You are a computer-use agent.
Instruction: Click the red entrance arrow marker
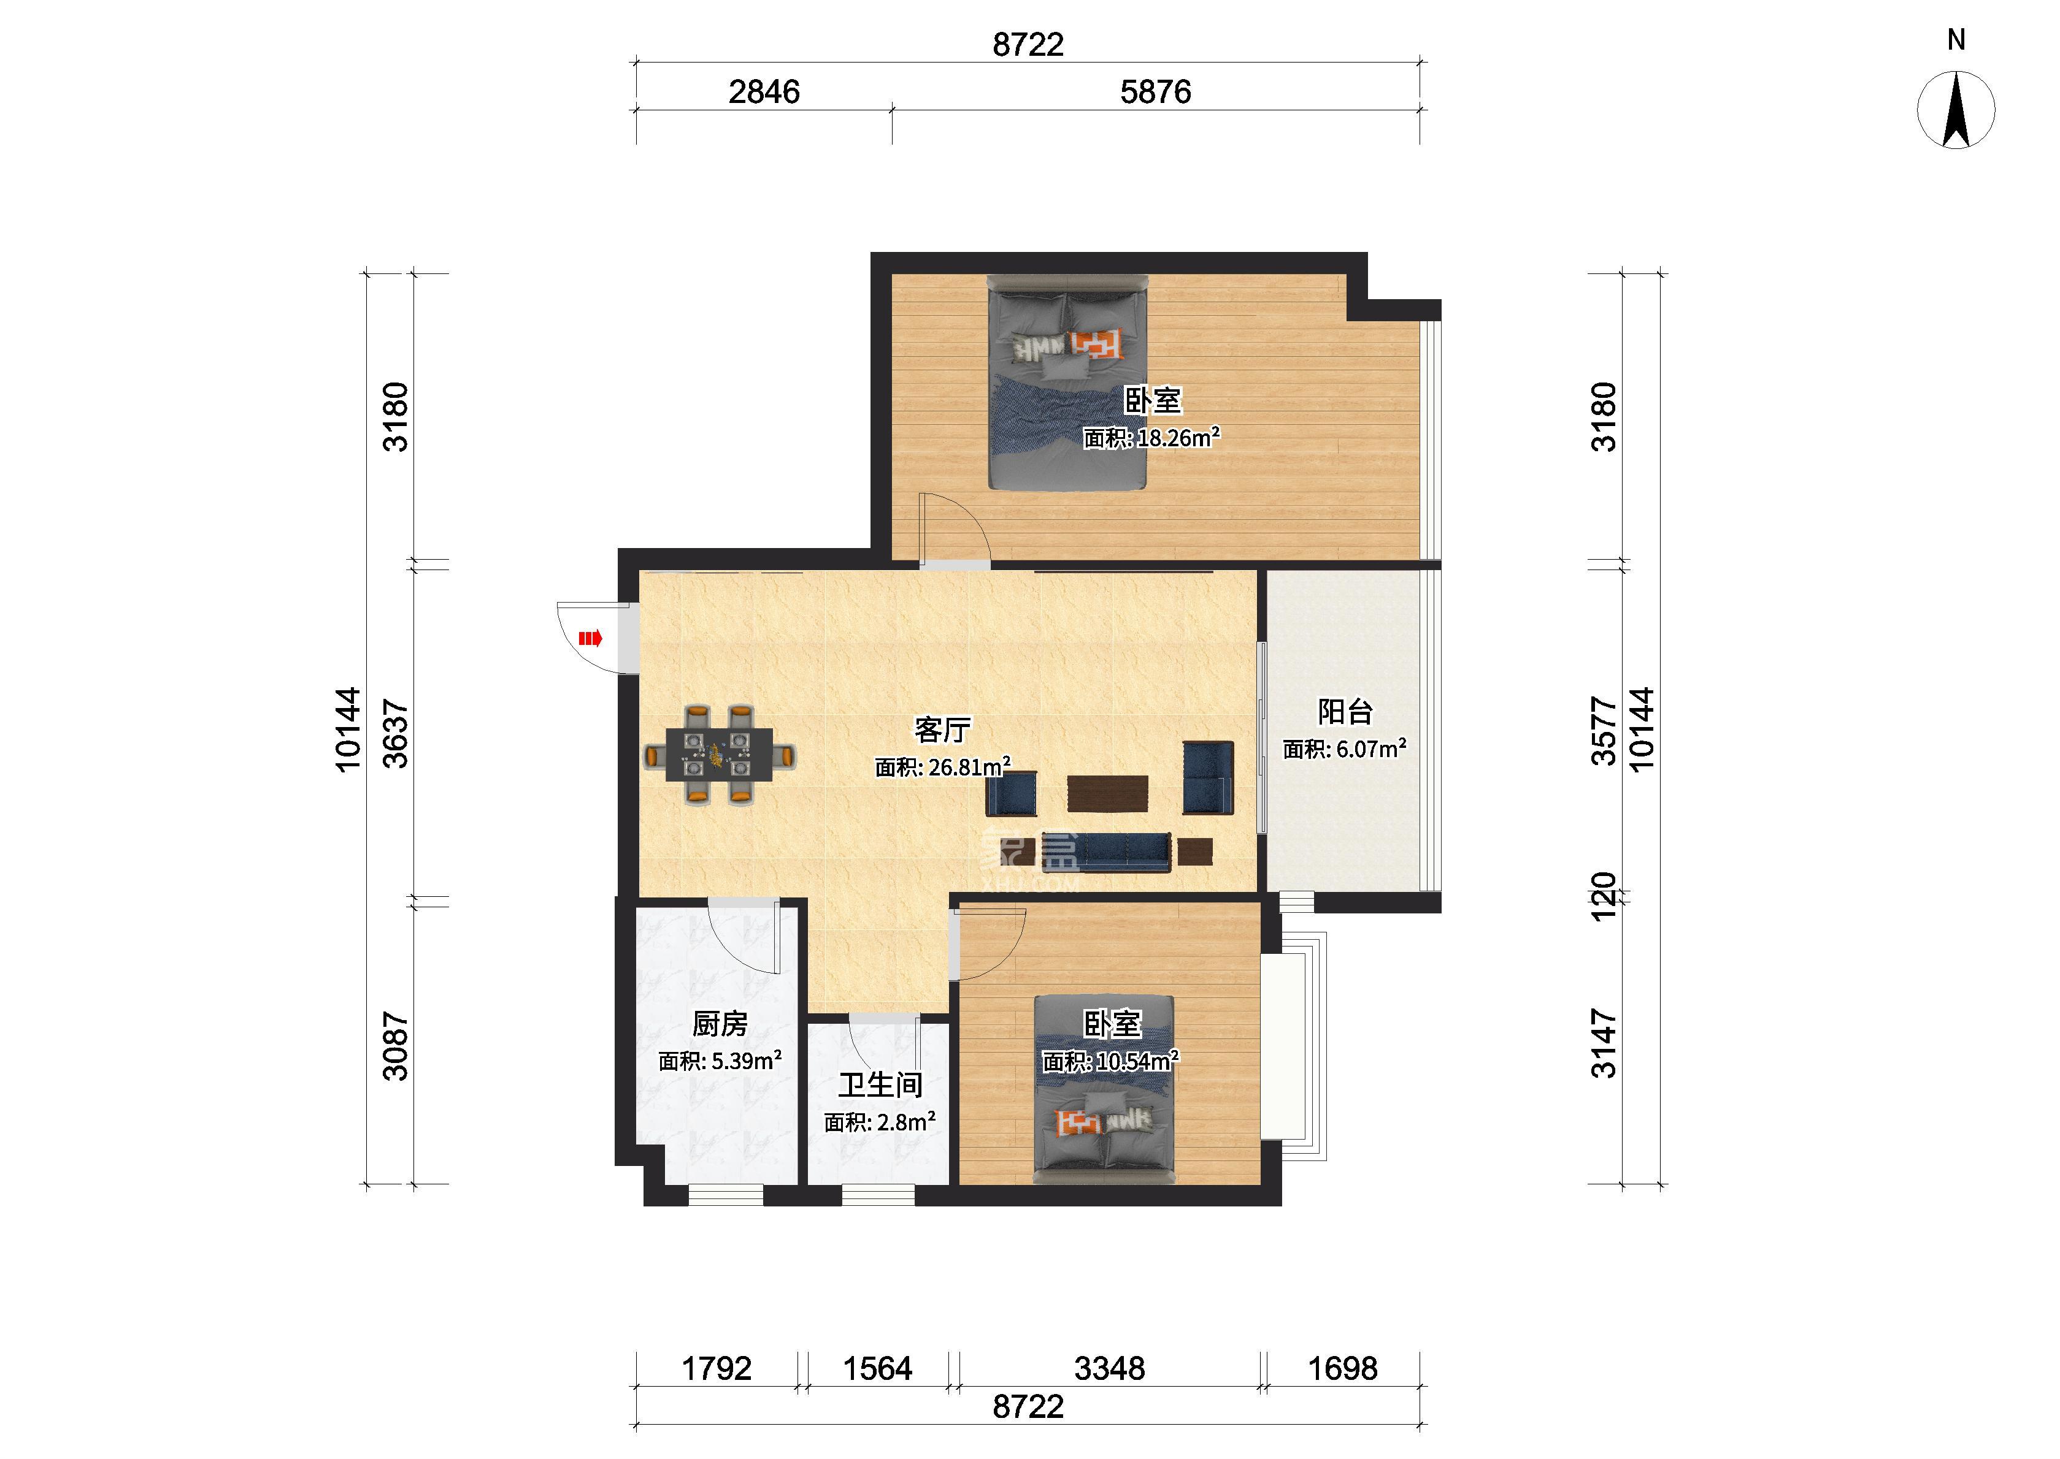click(x=590, y=639)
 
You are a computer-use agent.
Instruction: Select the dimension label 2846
click(x=764, y=91)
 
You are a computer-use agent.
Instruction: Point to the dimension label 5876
click(x=1156, y=91)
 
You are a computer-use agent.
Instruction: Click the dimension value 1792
click(x=717, y=1368)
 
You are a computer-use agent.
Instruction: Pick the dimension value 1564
click(x=877, y=1368)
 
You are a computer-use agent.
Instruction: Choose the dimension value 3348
click(x=1110, y=1368)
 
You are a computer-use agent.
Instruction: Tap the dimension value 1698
click(x=1343, y=1368)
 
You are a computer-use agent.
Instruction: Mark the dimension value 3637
click(x=396, y=734)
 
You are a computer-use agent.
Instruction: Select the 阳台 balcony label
click(x=1345, y=712)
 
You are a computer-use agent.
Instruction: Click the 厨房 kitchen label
click(x=720, y=1023)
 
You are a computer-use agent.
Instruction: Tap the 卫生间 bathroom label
click(x=881, y=1084)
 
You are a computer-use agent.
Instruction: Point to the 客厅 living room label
click(x=943, y=729)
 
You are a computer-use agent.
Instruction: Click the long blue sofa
click(x=1107, y=851)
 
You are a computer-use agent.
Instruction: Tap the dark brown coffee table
click(x=1108, y=793)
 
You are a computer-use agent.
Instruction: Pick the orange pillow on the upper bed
click(x=1096, y=344)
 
